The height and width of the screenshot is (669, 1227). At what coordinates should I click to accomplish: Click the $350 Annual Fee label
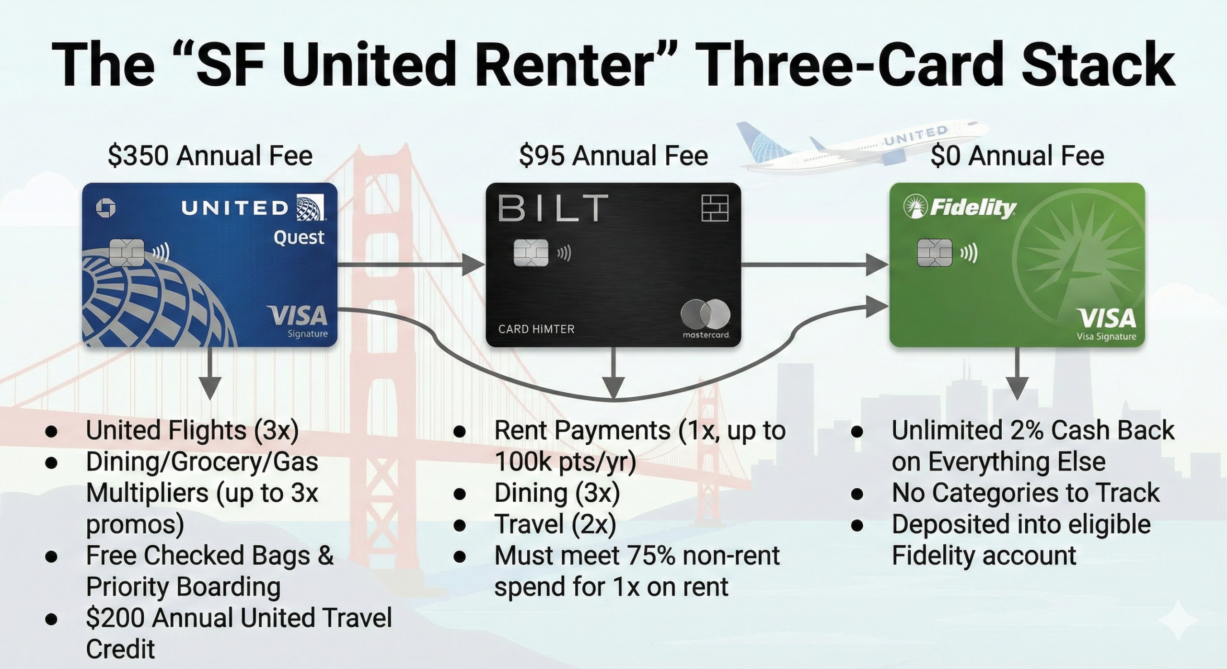pos(210,156)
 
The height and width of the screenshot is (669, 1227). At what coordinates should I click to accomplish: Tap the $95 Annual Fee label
pos(613,156)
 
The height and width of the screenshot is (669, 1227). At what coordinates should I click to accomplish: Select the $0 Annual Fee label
pos(1017,156)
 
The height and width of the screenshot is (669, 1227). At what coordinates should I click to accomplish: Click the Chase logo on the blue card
pos(105,208)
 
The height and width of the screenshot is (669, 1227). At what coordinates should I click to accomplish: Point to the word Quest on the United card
pos(299,238)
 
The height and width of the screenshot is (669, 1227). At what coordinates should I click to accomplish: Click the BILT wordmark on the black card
pos(553,208)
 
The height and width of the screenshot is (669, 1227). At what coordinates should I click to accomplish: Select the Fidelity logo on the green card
pos(960,208)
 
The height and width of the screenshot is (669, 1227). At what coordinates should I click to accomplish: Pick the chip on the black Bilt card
pos(531,253)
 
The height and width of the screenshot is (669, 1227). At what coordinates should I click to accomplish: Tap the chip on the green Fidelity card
pos(935,253)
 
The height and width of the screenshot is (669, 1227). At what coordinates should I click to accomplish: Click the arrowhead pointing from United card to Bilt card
pos(474,264)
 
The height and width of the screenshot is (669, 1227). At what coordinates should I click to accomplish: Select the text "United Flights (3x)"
pos(192,430)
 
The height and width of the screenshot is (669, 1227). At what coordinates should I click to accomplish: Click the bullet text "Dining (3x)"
pos(557,493)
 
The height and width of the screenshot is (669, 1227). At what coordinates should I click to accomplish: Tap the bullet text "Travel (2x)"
pos(555,524)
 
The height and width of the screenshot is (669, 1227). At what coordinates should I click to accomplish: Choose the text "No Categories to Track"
pos(1026,493)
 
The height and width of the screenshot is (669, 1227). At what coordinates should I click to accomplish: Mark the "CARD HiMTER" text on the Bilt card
pos(536,329)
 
